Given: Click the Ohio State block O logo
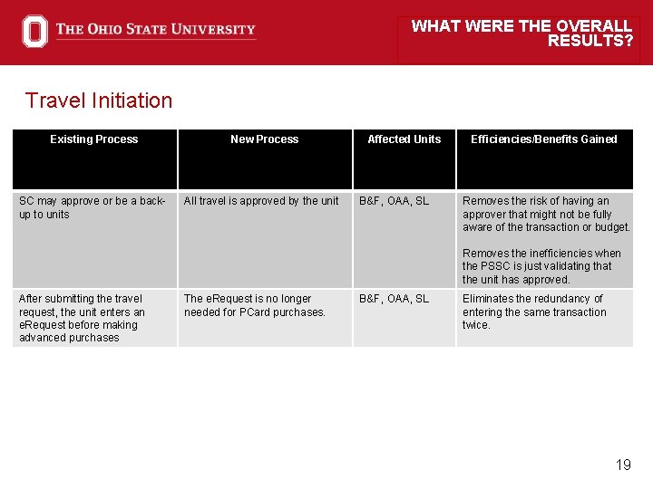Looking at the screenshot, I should coord(34,31).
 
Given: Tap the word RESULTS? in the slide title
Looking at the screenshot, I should coord(590,41).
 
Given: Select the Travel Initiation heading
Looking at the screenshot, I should coord(99,101).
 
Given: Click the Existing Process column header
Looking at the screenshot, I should coord(94,139).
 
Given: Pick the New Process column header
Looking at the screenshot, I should coord(264,139).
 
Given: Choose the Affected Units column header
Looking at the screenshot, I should coord(404,139).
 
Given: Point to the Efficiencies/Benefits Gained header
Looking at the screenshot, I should coord(543,139).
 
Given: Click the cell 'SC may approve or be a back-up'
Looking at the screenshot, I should coord(92,207).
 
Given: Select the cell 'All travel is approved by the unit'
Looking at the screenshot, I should coord(261,201).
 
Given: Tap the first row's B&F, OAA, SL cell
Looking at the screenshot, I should coord(394,201).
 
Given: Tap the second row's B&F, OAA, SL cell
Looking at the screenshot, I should coord(394,299).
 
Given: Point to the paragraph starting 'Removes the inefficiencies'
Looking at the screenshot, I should coord(541,266).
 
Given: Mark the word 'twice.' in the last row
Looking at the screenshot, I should coord(476,325).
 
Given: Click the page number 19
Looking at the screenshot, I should coord(623,465).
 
